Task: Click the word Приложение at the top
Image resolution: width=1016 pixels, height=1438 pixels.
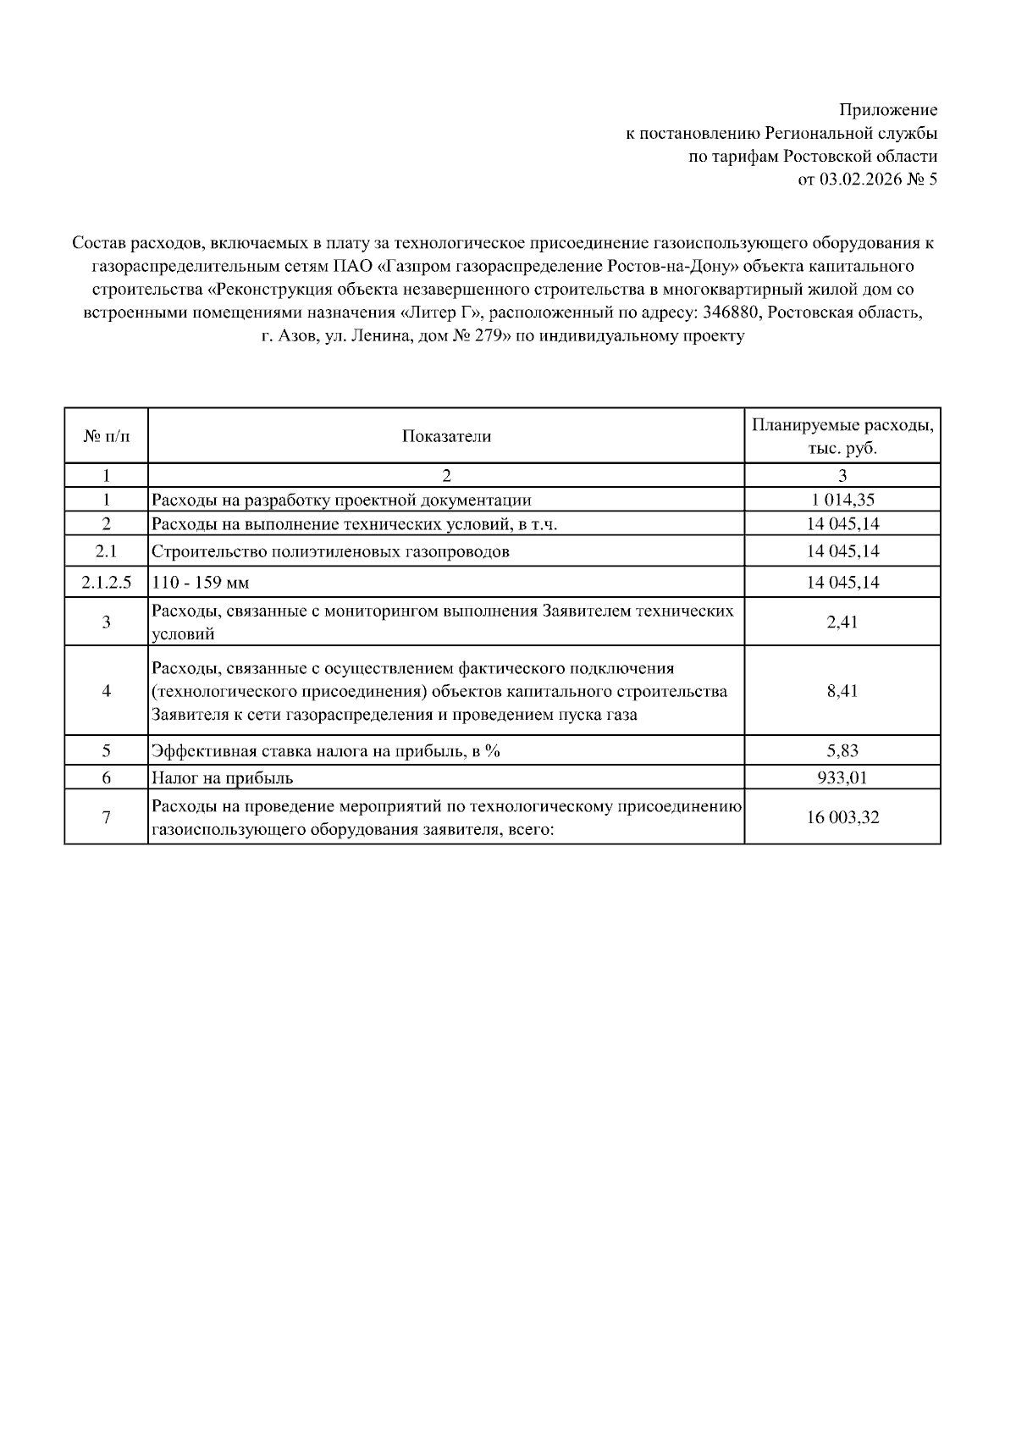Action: pos(888,110)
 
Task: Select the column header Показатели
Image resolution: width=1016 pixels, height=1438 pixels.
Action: pos(446,436)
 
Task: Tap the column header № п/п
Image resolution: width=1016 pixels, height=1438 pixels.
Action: pos(107,436)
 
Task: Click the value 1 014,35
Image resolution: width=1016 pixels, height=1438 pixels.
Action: pos(842,501)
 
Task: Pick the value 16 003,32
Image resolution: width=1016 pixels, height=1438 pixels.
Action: pos(842,818)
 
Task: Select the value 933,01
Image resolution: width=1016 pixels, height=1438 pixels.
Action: pos(842,777)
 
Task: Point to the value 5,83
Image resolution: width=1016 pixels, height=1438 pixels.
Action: pos(842,750)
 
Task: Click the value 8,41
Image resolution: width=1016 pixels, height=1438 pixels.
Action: pos(842,691)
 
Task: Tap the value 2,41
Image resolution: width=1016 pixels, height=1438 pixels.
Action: pos(842,622)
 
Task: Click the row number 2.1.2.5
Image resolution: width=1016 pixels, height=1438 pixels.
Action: pos(107,583)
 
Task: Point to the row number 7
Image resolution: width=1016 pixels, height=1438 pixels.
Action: pos(107,818)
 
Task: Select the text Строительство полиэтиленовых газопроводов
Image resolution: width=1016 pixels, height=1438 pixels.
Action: pos(330,552)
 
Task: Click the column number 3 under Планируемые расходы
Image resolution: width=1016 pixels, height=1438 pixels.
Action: pos(842,475)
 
